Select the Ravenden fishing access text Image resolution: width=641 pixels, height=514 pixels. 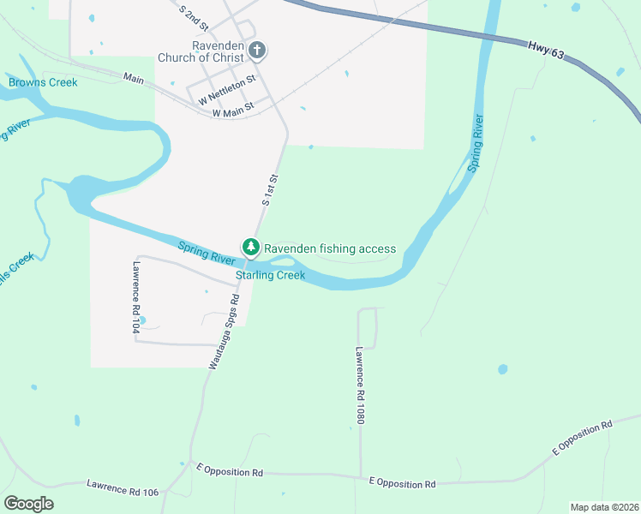(330, 248)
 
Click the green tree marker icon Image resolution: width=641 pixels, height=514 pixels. (251, 248)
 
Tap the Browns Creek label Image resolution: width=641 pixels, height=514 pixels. (43, 82)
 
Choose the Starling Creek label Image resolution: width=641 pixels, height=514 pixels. (271, 275)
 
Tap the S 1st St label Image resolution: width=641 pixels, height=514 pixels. (271, 189)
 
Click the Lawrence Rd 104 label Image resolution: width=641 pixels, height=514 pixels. (135, 289)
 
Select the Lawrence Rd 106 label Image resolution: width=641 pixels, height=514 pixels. (123, 487)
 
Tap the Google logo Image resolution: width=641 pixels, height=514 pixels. (29, 503)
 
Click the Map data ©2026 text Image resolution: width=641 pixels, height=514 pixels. (603, 507)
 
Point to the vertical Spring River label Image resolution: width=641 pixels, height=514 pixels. (477, 143)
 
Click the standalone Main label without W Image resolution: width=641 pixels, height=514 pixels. (134, 77)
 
